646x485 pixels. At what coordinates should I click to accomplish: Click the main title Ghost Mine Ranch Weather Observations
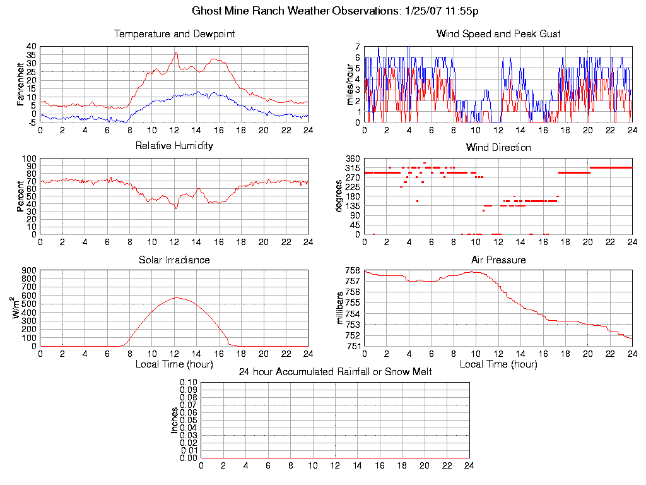point(334,11)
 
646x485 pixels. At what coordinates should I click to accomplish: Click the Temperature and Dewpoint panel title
point(174,34)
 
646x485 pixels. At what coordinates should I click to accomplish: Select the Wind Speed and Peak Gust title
point(498,34)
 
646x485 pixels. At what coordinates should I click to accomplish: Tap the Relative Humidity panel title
point(174,146)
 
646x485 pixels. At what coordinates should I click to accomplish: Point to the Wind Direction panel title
point(498,148)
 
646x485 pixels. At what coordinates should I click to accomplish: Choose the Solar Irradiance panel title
point(174,260)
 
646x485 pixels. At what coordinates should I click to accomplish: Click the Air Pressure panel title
point(498,260)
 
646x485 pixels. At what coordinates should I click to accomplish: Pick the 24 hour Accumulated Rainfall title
point(335,372)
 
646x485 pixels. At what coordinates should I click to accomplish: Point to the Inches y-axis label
point(175,420)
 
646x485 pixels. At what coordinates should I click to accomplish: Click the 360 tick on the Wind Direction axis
point(353,159)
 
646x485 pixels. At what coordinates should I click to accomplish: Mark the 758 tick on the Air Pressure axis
point(353,270)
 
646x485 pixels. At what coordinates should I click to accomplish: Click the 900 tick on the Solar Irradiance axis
point(29,270)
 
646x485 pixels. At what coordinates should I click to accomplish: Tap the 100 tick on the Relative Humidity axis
point(29,159)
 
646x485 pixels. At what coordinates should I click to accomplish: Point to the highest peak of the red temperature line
point(176,52)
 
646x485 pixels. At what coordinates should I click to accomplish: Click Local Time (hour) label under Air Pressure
point(498,364)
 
